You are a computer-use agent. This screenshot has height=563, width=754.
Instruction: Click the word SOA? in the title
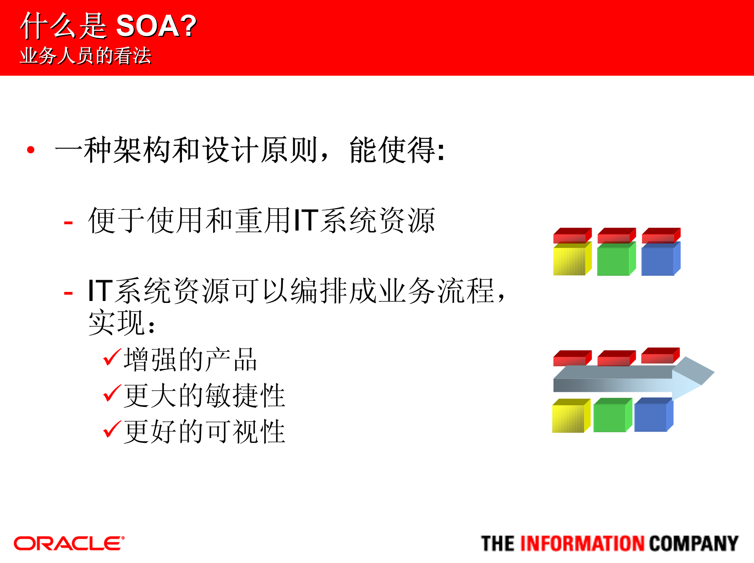[156, 26]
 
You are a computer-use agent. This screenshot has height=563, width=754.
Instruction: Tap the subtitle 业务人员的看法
[85, 55]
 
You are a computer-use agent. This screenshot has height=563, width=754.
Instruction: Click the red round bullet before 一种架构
[31, 150]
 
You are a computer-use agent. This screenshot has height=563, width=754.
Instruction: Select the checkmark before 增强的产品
[111, 357]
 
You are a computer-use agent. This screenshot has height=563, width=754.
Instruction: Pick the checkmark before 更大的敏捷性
[111, 393]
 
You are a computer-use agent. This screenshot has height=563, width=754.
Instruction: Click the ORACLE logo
[69, 543]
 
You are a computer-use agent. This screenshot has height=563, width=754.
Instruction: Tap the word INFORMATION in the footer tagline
[582, 544]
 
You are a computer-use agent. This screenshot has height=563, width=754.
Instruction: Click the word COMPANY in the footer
[693, 544]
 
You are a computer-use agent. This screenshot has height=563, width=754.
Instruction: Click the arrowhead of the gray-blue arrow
[693, 378]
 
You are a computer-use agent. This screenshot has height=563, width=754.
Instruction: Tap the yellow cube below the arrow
[569, 417]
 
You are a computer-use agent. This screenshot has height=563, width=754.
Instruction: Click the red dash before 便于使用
[68, 223]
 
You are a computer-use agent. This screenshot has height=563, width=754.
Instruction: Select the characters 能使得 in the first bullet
[392, 150]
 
